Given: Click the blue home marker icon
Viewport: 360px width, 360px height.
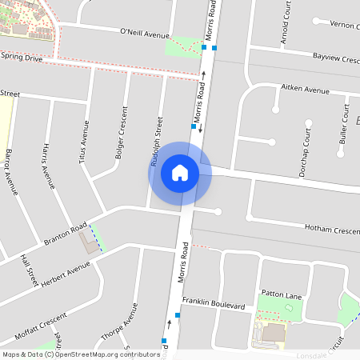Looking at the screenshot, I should click(x=180, y=173).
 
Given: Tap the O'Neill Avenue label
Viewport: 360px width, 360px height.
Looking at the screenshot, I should click(x=145, y=34).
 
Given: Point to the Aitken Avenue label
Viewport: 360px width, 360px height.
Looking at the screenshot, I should click(x=306, y=90).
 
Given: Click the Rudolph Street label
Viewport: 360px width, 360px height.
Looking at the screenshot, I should click(x=158, y=142).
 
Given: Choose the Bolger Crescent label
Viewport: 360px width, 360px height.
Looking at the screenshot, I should click(x=121, y=132).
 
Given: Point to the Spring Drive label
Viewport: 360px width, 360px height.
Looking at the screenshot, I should click(x=21, y=58).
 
